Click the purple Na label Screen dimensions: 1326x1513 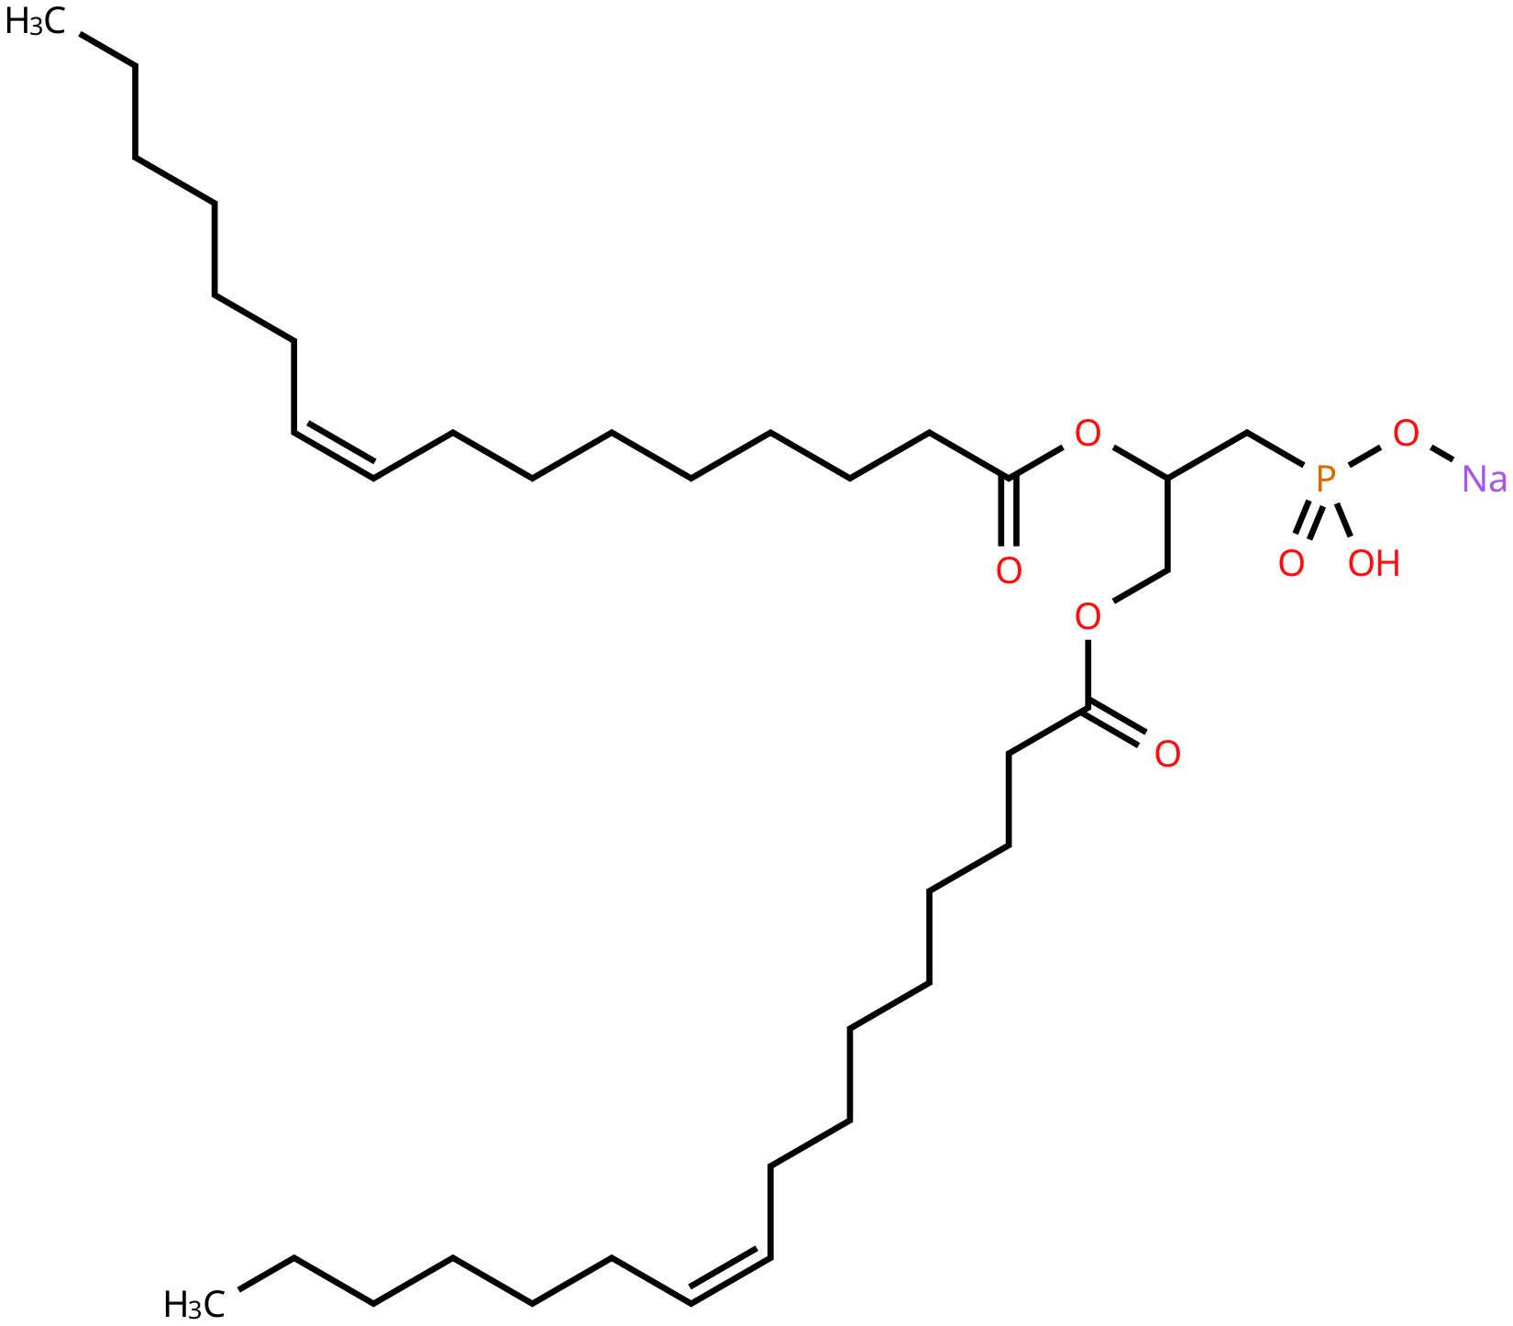point(1484,480)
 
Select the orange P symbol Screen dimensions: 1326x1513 point(1325,479)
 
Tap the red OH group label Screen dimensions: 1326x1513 point(1374,564)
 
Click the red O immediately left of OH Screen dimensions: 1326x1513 point(1291,564)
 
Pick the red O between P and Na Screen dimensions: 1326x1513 point(1406,434)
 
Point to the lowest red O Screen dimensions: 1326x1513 point(1167,755)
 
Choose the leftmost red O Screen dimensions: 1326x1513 point(1009,571)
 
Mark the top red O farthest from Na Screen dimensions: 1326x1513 point(1088,434)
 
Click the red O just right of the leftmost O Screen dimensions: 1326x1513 point(1088,617)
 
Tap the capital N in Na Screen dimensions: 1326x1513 point(1474,480)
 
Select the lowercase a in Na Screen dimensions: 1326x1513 point(1497,482)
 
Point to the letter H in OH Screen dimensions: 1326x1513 point(1388,564)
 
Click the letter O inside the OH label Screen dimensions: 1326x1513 point(1361,564)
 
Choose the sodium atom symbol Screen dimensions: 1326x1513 point(1484,480)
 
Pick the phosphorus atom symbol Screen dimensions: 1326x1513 point(1325,479)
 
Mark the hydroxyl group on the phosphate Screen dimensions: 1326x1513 point(1374,564)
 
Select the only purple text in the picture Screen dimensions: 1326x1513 point(1484,480)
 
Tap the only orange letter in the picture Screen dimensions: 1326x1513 point(1325,479)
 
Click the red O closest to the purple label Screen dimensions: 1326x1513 point(1406,434)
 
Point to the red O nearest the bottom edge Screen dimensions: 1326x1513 point(1167,755)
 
